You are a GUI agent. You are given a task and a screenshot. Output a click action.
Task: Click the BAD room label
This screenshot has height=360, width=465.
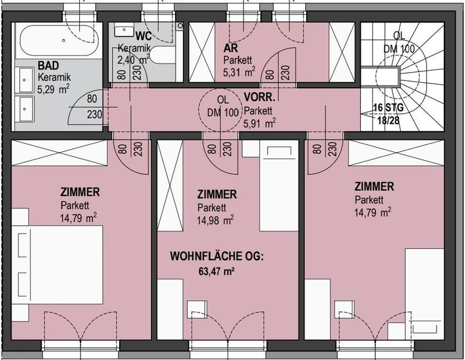click(x=48, y=65)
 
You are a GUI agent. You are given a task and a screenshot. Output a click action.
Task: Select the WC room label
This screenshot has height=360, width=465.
click(x=144, y=36)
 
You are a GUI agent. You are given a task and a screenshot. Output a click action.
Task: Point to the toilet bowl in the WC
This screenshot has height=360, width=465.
click(x=163, y=56)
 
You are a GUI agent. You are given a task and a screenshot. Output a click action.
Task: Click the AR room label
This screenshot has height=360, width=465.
click(x=231, y=48)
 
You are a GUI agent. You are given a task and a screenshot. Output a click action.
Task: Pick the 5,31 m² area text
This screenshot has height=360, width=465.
click(x=239, y=72)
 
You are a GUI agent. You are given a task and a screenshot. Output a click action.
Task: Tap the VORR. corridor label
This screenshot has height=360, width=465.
click(x=259, y=97)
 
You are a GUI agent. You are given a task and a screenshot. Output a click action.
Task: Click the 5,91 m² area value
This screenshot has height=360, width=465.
click(x=260, y=123)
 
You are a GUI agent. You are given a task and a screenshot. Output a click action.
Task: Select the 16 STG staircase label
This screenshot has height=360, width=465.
click(x=388, y=108)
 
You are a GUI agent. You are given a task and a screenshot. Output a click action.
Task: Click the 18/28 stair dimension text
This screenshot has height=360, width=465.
click(x=388, y=120)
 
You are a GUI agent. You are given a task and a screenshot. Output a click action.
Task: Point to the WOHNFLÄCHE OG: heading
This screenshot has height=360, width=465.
click(x=217, y=257)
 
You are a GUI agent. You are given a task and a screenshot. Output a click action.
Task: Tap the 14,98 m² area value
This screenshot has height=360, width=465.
click(x=215, y=220)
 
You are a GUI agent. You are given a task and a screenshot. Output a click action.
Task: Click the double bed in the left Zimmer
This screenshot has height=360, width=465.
click(x=58, y=264)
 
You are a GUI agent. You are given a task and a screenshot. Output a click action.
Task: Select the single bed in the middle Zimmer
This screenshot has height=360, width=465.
click(x=279, y=186)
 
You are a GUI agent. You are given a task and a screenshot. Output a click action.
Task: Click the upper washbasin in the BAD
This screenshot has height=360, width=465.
click(x=27, y=80)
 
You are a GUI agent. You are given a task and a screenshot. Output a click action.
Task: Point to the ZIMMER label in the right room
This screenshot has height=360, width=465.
click(x=374, y=187)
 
